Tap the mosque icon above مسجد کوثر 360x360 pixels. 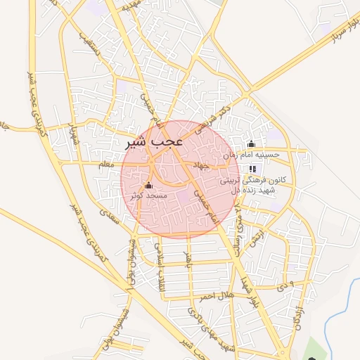[x=148, y=185]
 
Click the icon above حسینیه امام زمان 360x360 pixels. [x=251, y=144]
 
